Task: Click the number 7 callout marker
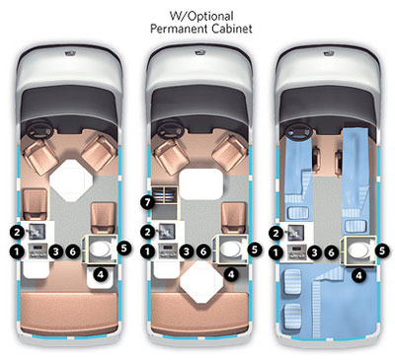(147, 202)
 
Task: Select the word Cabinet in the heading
(232, 29)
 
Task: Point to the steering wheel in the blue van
(299, 131)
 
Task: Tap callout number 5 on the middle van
(254, 249)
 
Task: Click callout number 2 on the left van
(17, 233)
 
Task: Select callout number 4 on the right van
(358, 275)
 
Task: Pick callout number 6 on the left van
(73, 252)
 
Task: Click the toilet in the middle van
(230, 250)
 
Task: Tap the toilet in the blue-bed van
(359, 250)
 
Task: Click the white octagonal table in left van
(71, 180)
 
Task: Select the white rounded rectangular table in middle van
(200, 184)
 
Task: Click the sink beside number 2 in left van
(37, 232)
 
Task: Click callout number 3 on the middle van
(187, 252)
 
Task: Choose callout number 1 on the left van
(17, 252)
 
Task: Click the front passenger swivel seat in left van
(99, 153)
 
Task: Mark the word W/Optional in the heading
(201, 16)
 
